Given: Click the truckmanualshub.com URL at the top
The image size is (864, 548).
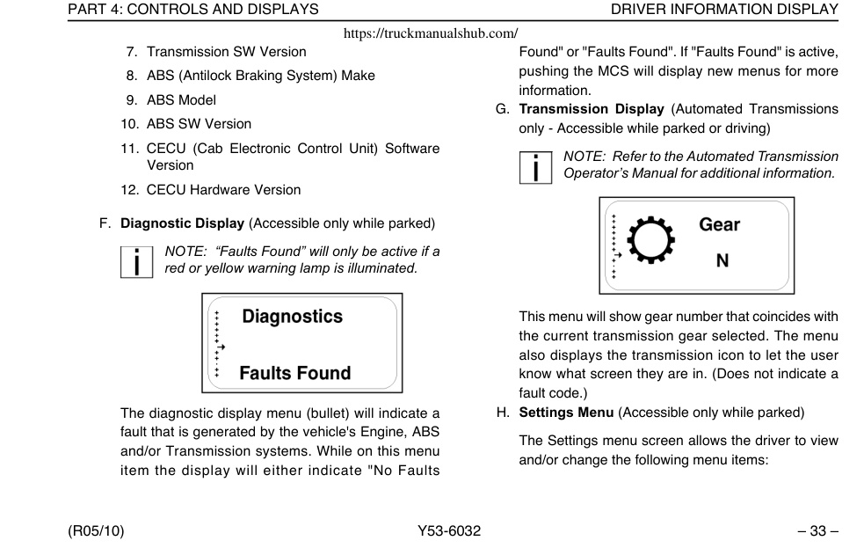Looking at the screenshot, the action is [431, 33].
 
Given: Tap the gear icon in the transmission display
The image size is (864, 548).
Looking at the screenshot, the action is [650, 240].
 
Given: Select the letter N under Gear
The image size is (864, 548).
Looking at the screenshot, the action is [722, 260].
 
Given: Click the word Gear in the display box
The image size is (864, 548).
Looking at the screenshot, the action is [719, 224].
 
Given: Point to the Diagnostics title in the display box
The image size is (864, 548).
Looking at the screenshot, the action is [292, 317].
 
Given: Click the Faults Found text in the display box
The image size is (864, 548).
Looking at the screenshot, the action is [294, 373].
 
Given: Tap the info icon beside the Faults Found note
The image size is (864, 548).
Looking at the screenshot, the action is [136, 262].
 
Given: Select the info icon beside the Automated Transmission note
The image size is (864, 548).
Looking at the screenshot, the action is [535, 168].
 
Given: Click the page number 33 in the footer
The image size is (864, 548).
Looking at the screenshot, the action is [817, 531].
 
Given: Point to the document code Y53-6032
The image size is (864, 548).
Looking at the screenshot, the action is [449, 531].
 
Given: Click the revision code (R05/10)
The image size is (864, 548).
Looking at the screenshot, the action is [96, 531].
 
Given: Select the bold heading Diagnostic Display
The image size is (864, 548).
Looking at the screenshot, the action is [183, 223].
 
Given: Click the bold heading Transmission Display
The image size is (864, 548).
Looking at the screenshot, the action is [592, 109].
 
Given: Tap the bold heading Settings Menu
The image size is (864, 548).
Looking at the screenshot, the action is [566, 413].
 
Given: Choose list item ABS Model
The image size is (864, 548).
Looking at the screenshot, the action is [181, 100].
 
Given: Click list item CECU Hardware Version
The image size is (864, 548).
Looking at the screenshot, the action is [224, 190].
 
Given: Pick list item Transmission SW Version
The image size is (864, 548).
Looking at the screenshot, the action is [227, 52].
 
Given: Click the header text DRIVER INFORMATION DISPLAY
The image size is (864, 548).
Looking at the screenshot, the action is [724, 10].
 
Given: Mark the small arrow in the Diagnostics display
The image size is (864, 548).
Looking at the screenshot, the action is [221, 347].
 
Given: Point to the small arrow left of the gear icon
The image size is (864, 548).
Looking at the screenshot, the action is [618, 255].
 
